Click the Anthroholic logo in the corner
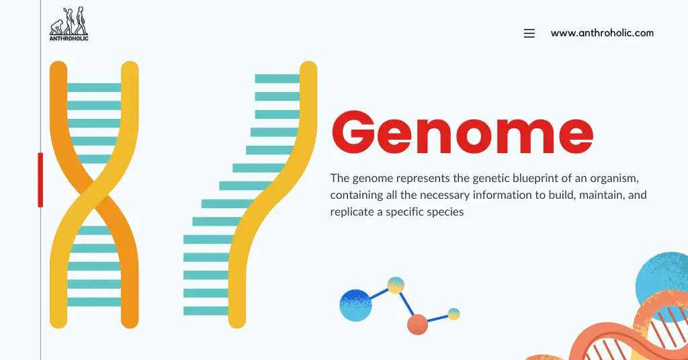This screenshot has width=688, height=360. point(69,24)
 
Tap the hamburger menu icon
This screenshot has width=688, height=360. point(529,33)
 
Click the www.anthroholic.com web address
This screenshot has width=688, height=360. point(602,33)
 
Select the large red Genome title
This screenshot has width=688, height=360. point(462,134)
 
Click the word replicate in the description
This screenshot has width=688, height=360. point(352,212)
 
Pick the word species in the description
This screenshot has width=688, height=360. point(446,212)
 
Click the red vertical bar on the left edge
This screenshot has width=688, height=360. point(40,179)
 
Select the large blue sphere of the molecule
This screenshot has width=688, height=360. point(355,306)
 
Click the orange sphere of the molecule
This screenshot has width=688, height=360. point(417,324)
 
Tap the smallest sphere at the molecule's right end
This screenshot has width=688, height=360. point(454,314)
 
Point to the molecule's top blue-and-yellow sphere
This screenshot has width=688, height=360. point(396,285)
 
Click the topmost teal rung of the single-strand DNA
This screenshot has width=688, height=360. point(277,79)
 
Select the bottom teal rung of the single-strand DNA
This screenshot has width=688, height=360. point(206,311)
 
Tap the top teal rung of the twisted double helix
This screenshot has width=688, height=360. point(94,87)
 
